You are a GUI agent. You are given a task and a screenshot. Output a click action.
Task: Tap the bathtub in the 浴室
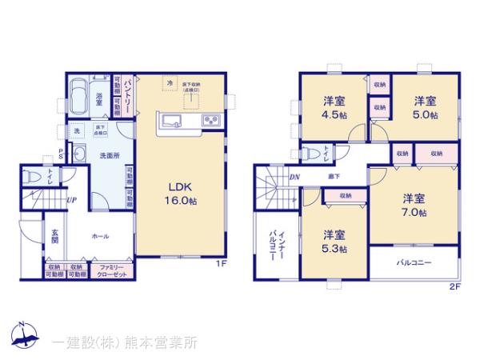[79, 96]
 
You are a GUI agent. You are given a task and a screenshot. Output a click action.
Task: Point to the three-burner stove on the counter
[212, 121]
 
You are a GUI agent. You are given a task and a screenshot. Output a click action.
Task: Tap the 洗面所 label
[100, 155]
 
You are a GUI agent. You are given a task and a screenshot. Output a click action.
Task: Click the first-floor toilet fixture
[33, 177]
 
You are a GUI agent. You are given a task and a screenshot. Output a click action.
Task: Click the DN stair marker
[294, 177]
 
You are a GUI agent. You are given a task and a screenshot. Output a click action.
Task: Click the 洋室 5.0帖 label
[425, 107]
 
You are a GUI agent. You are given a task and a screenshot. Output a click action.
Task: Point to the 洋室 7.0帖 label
[414, 205]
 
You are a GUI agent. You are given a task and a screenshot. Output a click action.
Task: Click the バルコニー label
[414, 262]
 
